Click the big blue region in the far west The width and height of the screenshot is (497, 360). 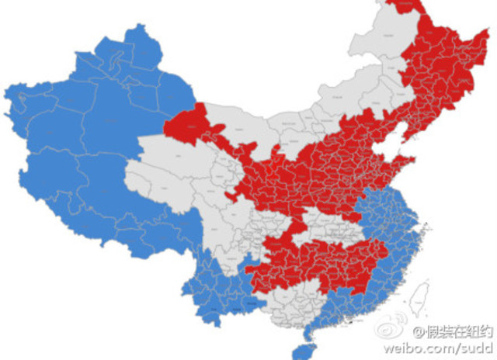click(78, 155)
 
